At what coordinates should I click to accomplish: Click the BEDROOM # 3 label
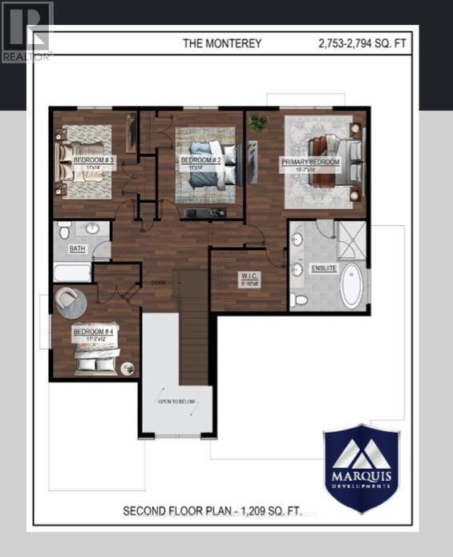(x=94, y=160)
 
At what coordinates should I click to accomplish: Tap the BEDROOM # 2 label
(x=200, y=160)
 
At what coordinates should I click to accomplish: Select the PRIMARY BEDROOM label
(x=310, y=162)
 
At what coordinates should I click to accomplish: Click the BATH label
(x=77, y=249)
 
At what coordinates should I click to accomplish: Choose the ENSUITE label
(x=325, y=268)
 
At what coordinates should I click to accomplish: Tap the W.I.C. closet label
(x=248, y=278)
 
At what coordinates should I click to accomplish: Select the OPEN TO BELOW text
(x=177, y=402)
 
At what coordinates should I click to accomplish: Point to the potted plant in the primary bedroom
(x=258, y=123)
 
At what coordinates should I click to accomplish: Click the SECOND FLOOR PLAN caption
(x=212, y=511)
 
